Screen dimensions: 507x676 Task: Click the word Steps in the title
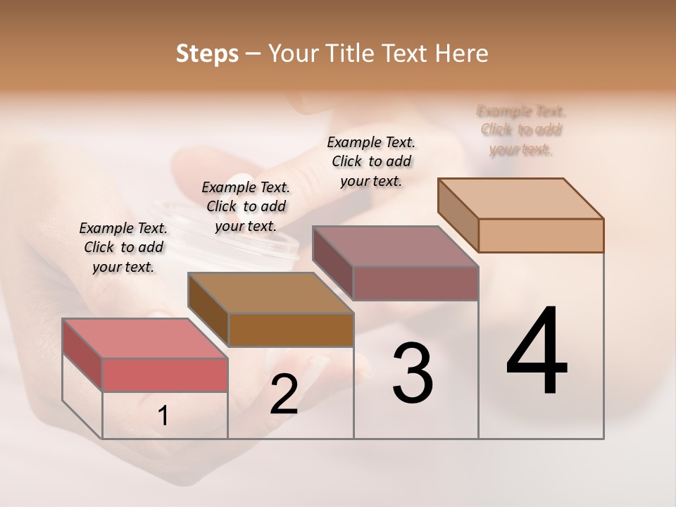[x=207, y=54]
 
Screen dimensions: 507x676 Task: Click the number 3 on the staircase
[x=413, y=373]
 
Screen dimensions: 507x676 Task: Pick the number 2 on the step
[x=284, y=394]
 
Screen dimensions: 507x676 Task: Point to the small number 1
[x=163, y=415]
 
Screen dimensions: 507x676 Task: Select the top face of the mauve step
[x=395, y=246]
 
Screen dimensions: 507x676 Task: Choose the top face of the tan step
[x=520, y=199]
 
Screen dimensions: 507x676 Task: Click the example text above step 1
[x=123, y=247]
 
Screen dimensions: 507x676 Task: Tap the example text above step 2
[x=246, y=206]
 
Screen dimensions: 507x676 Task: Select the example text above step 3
[x=371, y=161]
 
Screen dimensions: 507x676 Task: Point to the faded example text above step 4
[x=521, y=130]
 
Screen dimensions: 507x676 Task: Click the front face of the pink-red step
[x=165, y=375]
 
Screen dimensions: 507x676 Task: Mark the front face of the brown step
[x=291, y=330]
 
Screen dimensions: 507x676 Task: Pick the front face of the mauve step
[x=415, y=283]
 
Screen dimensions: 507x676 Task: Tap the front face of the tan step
[x=541, y=235]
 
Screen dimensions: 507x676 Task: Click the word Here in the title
[x=462, y=54]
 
